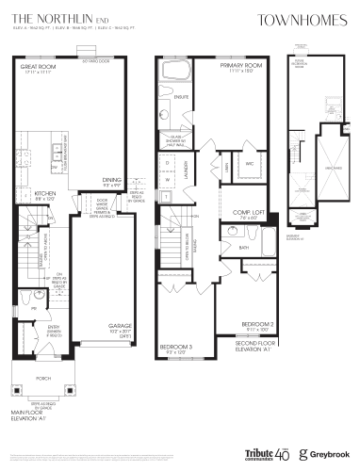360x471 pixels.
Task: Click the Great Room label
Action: click(x=39, y=68)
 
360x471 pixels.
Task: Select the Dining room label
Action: click(x=113, y=179)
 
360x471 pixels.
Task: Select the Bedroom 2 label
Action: click(x=257, y=325)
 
